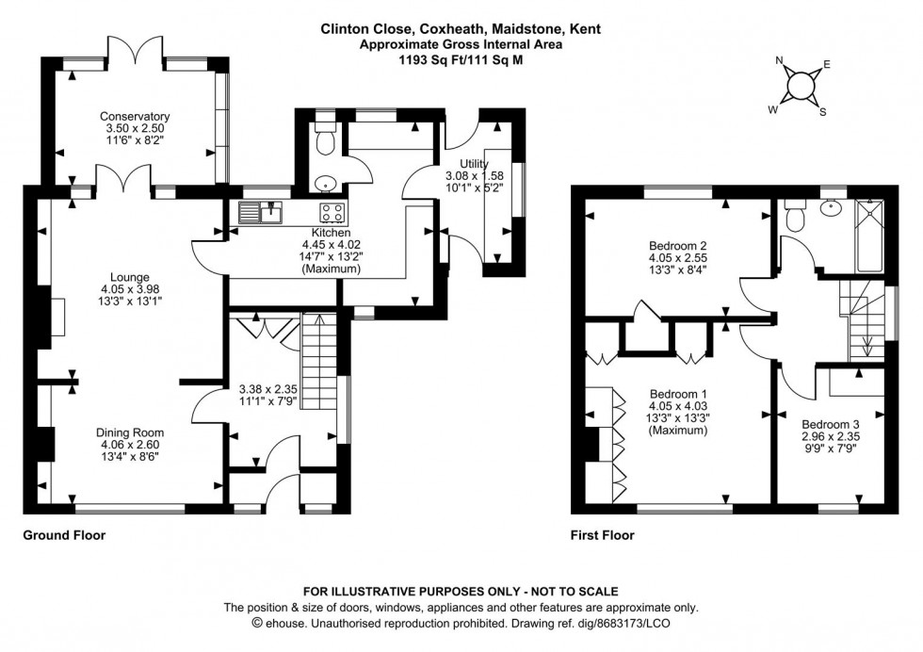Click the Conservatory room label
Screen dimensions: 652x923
tap(135, 117)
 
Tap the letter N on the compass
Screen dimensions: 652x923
tap(779, 62)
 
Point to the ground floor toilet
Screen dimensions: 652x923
tap(325, 142)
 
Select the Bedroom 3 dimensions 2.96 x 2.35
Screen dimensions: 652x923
tap(829, 437)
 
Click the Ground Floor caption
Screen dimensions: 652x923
tap(64, 535)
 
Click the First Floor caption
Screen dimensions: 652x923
tap(602, 535)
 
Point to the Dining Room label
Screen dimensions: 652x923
tap(132, 432)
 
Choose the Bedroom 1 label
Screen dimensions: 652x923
tap(672, 394)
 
